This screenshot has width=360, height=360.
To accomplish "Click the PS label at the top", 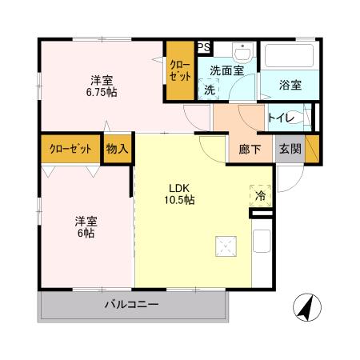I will pyautogui.click(x=204, y=47).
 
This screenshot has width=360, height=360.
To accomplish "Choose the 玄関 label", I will pyautogui.click(x=289, y=148).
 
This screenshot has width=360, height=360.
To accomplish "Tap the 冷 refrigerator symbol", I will pyautogui.click(x=260, y=194).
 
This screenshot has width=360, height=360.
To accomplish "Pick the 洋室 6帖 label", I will pyautogui.click(x=85, y=226).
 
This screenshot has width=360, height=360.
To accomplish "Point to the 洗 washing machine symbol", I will pyautogui.click(x=210, y=90).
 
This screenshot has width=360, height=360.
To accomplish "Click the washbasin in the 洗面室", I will pyautogui.click(x=242, y=52).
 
